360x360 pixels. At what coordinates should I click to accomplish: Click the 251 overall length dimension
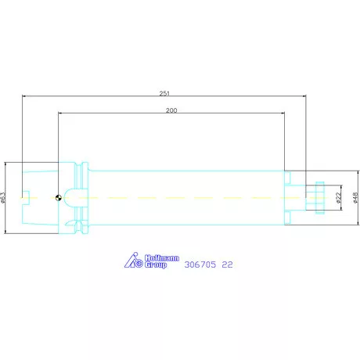[x=164, y=93]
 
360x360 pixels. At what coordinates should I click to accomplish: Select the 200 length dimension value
[x=171, y=110]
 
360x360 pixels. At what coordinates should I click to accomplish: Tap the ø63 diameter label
[x=2, y=198]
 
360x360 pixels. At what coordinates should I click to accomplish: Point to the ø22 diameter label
[x=338, y=198]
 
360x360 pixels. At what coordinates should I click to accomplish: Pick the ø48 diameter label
[x=355, y=198]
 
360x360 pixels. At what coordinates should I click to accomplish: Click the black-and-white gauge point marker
[x=59, y=198]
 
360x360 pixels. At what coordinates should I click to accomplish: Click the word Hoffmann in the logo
[x=162, y=258]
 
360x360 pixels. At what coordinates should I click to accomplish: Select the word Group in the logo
[x=156, y=265]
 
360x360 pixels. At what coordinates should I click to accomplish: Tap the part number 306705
[x=200, y=265]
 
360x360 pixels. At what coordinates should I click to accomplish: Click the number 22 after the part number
[x=227, y=265]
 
